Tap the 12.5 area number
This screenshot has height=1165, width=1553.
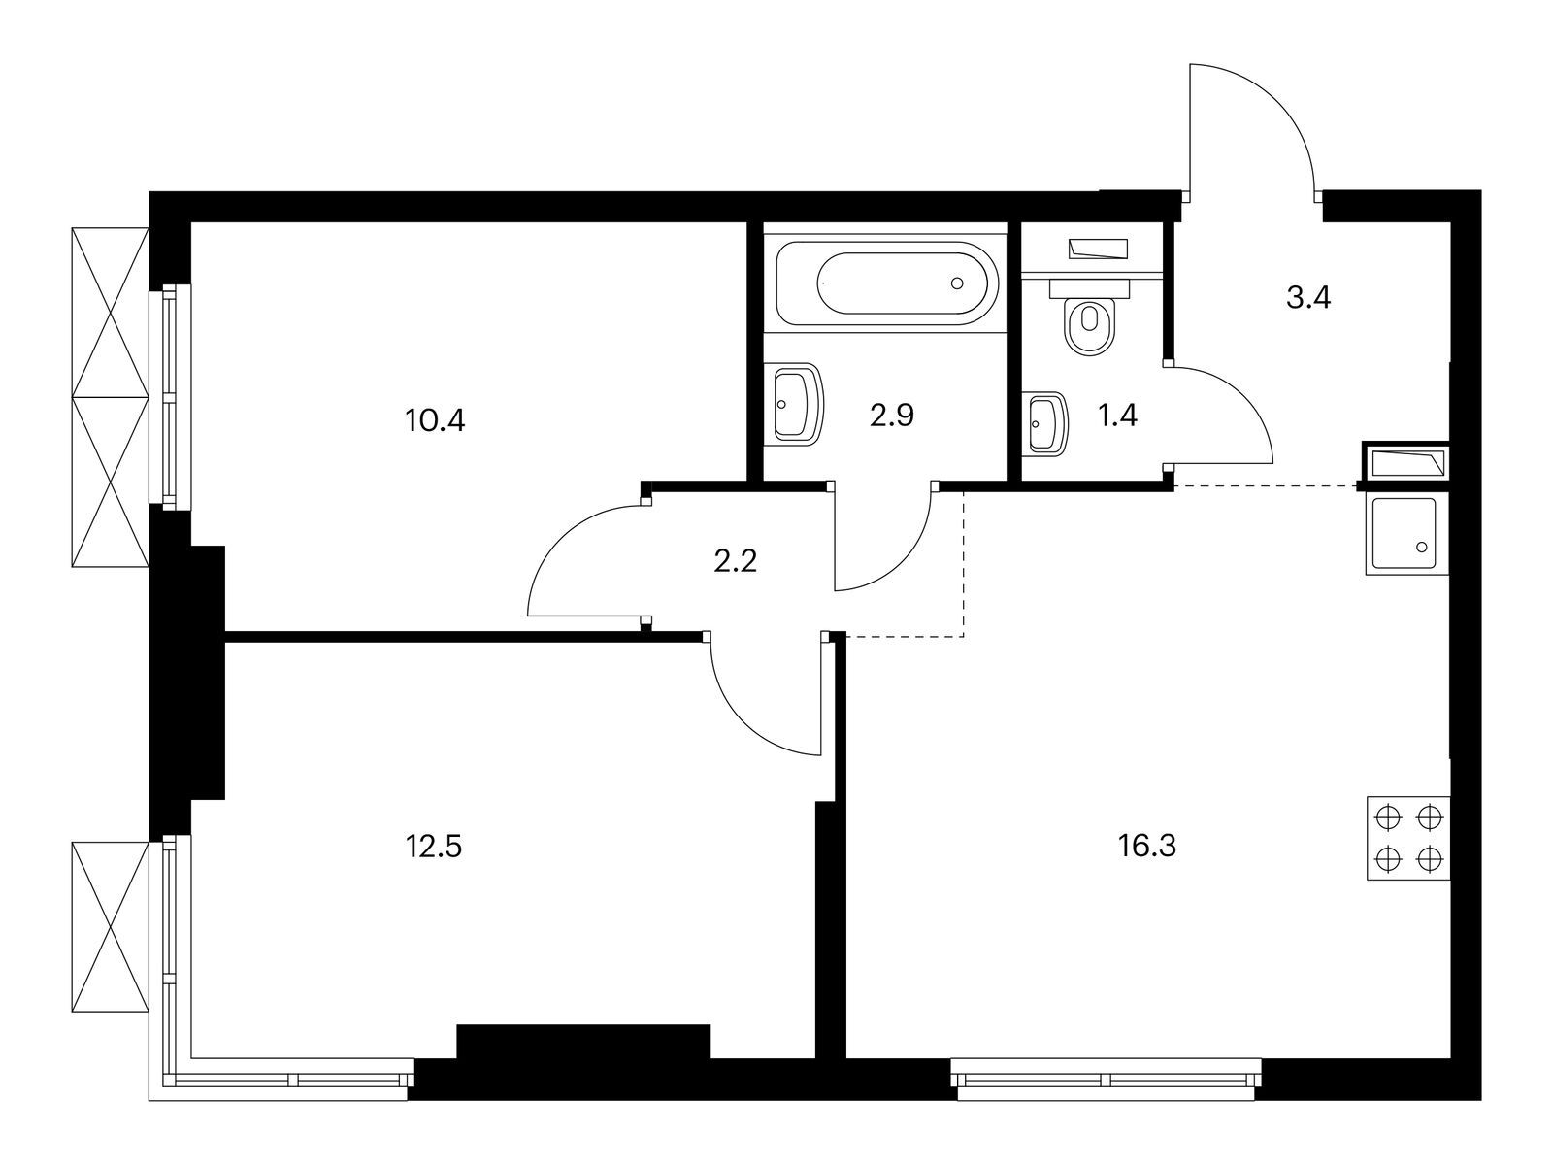[x=433, y=846]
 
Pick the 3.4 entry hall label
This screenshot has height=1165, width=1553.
[x=1307, y=297]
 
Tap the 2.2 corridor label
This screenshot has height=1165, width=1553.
[x=735, y=561]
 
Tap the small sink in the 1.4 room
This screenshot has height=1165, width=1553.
[x=1046, y=423]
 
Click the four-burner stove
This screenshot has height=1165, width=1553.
[x=1407, y=838]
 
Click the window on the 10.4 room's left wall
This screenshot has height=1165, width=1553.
[x=170, y=395]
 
